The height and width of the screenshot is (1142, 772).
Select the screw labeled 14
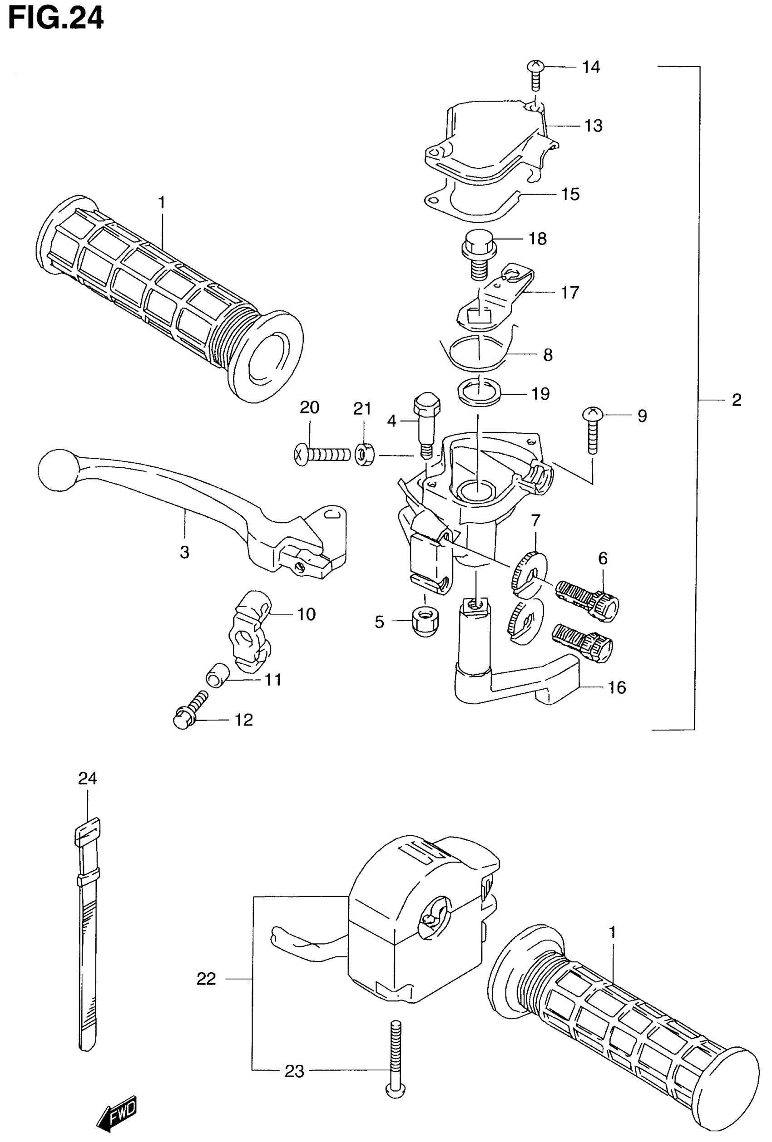(535, 74)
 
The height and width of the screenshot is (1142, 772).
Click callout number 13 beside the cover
(593, 126)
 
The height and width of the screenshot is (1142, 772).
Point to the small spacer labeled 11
(218, 673)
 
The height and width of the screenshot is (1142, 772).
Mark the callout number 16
(617, 687)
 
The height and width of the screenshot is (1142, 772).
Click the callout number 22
(206, 979)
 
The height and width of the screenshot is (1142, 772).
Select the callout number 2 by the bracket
(736, 401)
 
